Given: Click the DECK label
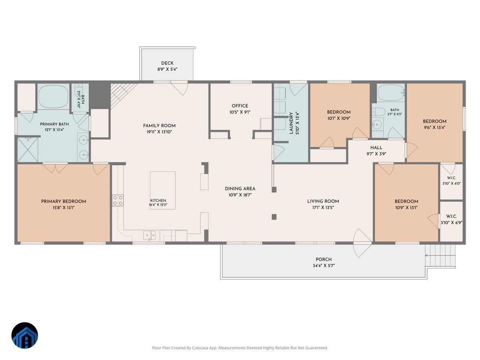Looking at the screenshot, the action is click(x=167, y=63).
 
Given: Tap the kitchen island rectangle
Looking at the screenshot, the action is click(x=162, y=190).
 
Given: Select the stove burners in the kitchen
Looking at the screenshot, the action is click(x=118, y=200).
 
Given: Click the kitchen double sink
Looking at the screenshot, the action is click(x=149, y=236).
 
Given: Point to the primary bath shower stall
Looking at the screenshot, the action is click(x=28, y=150).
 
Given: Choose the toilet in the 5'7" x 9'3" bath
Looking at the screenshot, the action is click(x=378, y=112).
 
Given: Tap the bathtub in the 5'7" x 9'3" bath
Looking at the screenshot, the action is click(x=391, y=93).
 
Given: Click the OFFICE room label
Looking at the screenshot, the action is click(x=240, y=106).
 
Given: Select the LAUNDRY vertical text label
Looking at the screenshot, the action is click(x=291, y=123).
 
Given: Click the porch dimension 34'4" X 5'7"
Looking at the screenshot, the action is click(x=324, y=266).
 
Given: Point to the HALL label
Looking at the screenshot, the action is click(x=376, y=148).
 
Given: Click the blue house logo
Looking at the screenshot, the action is click(x=25, y=335).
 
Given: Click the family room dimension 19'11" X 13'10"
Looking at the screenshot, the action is click(x=159, y=132).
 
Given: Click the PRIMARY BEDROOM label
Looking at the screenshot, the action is click(x=64, y=202).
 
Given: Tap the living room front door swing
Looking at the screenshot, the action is click(x=362, y=243).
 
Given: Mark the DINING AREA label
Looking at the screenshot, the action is click(x=240, y=189).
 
